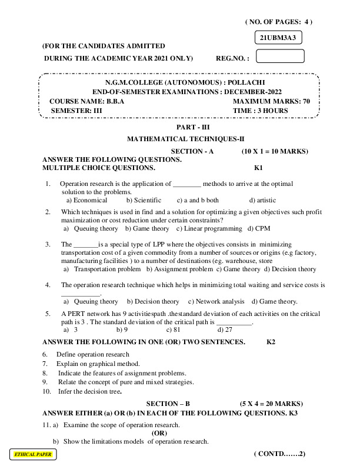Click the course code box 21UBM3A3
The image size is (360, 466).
277,38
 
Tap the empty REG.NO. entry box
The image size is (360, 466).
281,56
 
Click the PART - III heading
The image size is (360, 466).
189,127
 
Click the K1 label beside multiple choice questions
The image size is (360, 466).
258,168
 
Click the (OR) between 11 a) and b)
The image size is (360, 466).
159,433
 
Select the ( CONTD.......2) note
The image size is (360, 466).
279,454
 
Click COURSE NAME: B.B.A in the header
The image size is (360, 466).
87,101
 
